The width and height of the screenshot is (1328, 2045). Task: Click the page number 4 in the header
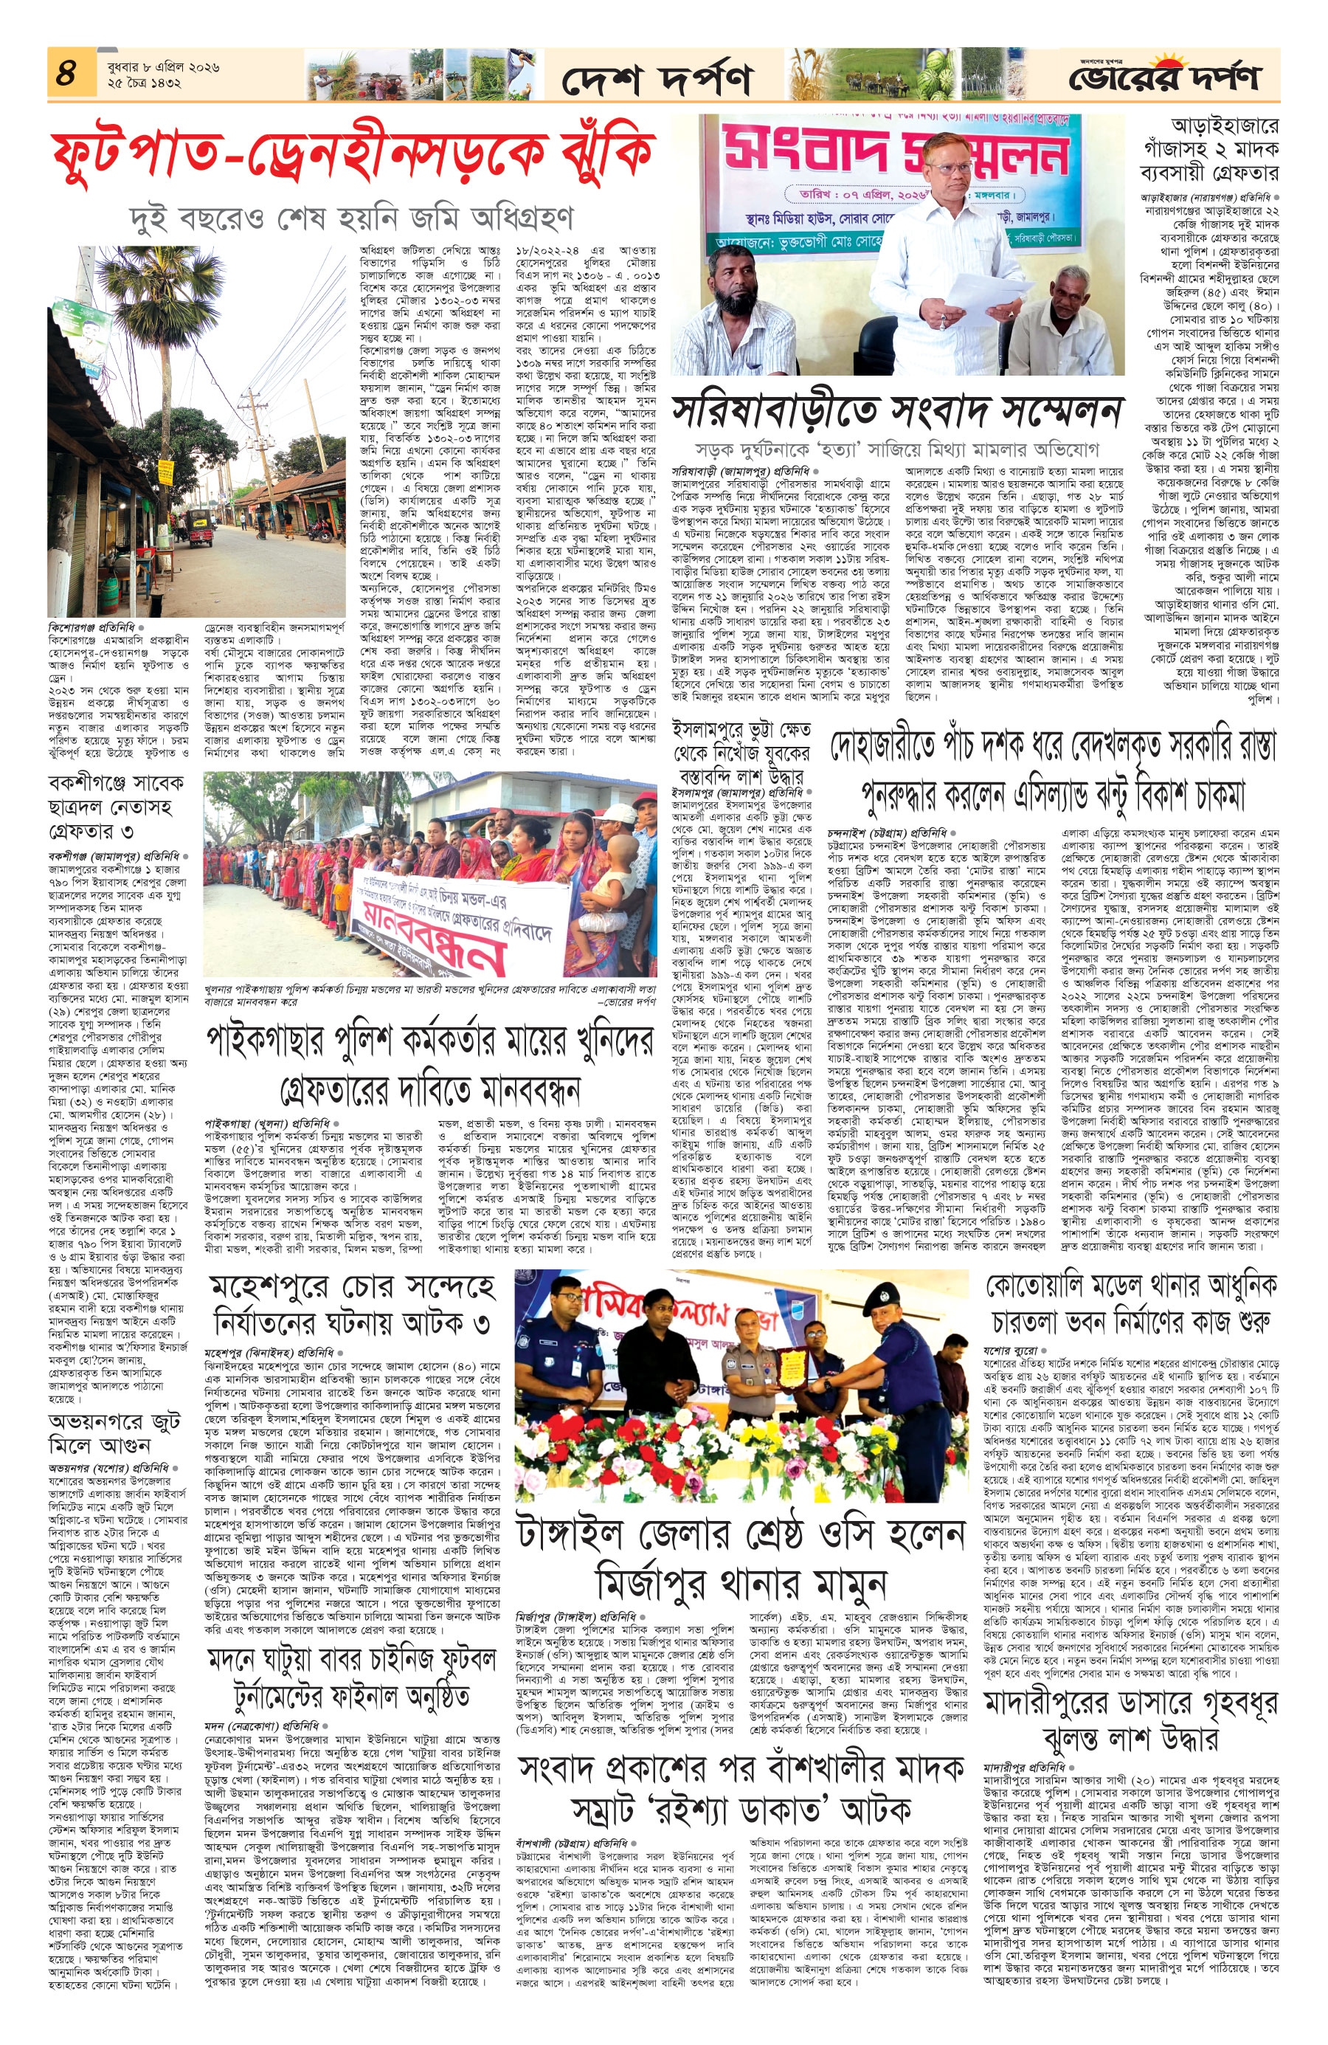(x=67, y=72)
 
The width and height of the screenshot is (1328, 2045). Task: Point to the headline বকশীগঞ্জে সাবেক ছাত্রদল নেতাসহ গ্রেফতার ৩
(x=115, y=807)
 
